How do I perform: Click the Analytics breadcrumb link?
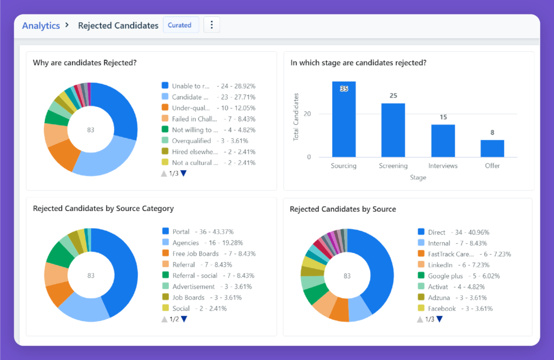pos(41,25)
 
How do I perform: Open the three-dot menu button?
pos(212,25)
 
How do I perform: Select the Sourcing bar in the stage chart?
pos(344,119)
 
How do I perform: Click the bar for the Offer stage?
pos(492,149)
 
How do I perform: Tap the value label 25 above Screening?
pos(393,96)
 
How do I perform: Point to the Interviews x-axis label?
pos(443,166)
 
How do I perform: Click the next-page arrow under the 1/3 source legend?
pos(439,319)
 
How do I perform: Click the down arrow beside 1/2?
pos(183,319)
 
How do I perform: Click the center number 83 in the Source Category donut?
pos(91,275)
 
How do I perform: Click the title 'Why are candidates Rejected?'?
pos(84,63)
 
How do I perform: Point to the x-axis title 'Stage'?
pos(418,177)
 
